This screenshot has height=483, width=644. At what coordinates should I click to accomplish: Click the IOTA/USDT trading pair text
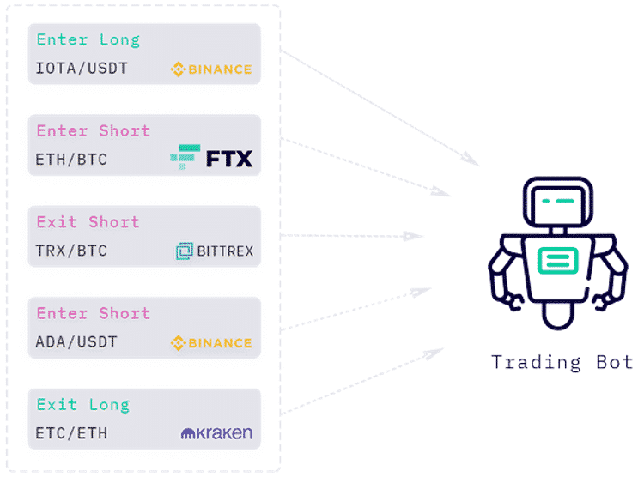[x=82, y=68]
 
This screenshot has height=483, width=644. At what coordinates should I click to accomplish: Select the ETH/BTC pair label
[x=71, y=160]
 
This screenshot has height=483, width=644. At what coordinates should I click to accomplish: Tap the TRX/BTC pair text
[x=71, y=251]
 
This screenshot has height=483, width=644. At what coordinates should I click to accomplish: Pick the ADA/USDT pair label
[x=76, y=341]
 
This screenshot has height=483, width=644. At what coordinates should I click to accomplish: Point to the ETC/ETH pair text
[x=71, y=433]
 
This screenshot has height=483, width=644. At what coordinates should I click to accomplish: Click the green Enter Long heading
[x=88, y=40]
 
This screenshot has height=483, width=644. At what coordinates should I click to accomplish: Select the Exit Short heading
[x=88, y=222]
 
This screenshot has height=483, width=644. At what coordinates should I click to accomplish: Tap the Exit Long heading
[x=83, y=405]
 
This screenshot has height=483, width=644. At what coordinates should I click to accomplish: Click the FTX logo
[x=211, y=157]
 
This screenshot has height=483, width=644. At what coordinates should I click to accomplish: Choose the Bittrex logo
[x=215, y=251]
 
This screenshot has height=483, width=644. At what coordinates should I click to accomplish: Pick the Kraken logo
[x=216, y=433]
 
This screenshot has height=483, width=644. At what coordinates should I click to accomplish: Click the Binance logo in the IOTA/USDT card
[x=211, y=69]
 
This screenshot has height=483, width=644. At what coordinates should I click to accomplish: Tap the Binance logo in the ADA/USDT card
[x=211, y=342]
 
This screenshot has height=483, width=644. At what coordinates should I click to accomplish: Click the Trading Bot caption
[x=562, y=362]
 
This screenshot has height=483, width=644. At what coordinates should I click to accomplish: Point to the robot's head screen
[x=558, y=205]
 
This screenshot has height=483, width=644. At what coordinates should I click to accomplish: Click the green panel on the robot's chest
[x=558, y=261]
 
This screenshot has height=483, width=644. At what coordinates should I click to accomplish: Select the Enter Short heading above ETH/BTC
[x=94, y=131]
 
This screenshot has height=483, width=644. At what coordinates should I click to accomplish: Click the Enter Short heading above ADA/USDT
[x=94, y=313]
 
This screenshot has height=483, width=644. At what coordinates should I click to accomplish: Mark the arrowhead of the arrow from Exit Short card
[x=413, y=236]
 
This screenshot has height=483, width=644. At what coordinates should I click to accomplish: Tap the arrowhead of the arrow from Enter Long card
[x=470, y=159]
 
